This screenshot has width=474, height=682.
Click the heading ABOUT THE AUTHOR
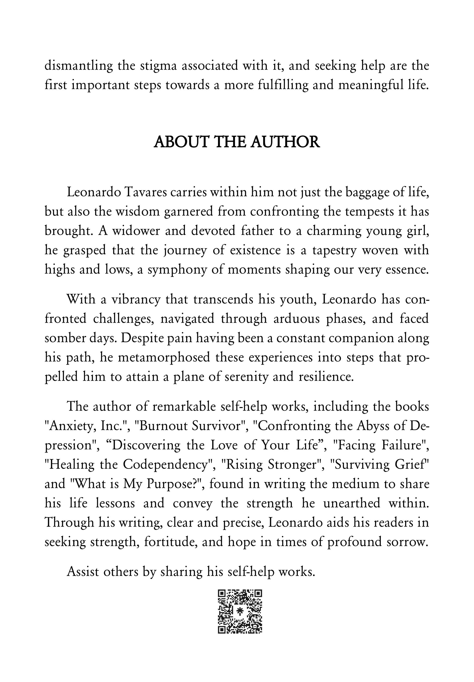pos(237,142)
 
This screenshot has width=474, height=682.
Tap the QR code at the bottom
pos(240,612)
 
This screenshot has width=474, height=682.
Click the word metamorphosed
pos(164,357)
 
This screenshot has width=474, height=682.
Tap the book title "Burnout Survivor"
pos(190,426)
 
